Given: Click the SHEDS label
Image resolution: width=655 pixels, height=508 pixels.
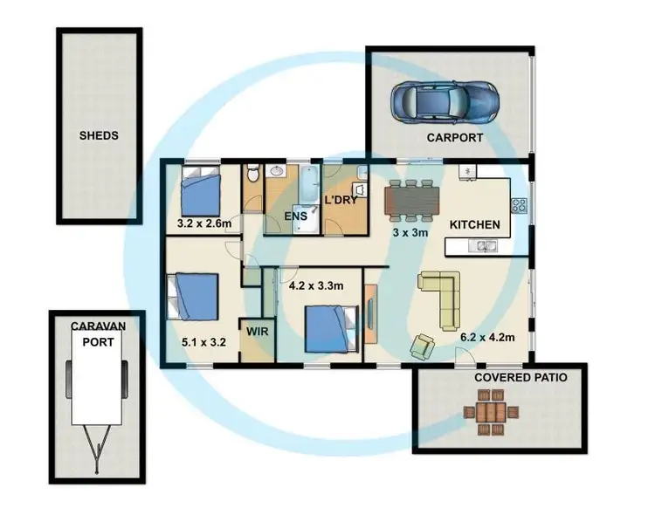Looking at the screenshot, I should click(98, 135).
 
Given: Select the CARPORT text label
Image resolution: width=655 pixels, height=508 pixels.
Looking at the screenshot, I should click(455, 138).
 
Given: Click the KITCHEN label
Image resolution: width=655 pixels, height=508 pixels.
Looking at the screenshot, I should click(474, 224).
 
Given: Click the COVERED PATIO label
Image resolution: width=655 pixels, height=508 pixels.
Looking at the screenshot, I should click(521, 378).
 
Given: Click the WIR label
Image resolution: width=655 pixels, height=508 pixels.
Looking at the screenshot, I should click(257, 333).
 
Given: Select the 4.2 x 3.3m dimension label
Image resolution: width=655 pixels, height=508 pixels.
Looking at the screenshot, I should click(315, 285).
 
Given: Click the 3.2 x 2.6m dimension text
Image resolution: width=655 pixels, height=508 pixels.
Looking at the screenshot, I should click(203, 223).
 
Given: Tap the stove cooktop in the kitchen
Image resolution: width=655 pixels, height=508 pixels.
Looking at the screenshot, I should click(518, 207).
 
